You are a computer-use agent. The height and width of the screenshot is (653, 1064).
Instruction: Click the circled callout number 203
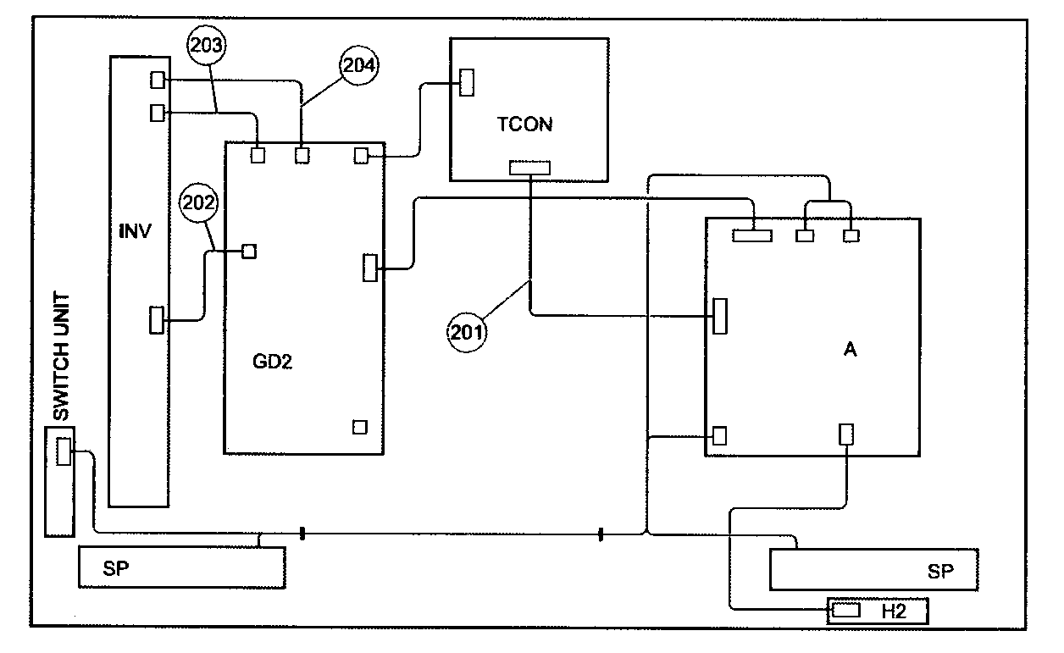206,46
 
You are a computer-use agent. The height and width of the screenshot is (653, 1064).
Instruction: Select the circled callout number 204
358,65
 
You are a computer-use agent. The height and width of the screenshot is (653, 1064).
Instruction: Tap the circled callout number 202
198,202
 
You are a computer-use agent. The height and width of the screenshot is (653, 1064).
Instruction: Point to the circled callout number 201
467,333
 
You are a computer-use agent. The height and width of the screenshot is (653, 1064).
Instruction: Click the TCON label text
525,125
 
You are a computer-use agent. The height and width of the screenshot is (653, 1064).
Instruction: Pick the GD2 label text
272,362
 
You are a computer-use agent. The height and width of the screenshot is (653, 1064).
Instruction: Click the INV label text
135,231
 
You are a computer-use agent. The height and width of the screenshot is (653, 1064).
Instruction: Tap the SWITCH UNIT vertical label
62,357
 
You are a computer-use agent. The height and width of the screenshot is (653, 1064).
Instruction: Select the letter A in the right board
850,350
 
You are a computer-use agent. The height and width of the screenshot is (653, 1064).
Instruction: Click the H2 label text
894,611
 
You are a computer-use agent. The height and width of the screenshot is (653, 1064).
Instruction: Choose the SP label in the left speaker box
115,568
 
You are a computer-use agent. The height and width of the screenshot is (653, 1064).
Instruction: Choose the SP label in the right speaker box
940,572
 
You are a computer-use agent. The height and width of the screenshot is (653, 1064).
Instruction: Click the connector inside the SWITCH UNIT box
64,451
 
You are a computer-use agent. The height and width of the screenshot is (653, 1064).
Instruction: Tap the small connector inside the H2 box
846,611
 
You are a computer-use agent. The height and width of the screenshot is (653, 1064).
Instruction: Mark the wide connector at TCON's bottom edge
529,168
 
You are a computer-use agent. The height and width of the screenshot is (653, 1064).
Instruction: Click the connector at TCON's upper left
467,83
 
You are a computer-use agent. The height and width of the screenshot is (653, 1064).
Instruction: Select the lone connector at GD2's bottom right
360,427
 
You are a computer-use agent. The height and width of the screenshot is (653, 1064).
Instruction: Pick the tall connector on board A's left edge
720,316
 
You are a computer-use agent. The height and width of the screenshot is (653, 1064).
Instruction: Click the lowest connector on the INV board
157,320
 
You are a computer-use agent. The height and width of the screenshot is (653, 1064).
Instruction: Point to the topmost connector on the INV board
158,80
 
